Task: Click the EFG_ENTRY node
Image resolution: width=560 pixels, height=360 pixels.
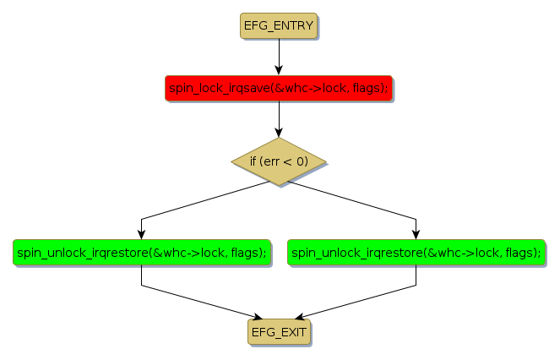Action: (x=279, y=26)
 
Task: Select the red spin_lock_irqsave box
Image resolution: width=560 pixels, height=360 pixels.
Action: (x=279, y=88)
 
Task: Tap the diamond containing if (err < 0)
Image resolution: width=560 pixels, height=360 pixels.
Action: (x=279, y=161)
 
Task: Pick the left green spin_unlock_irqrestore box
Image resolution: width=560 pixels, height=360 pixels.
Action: (x=141, y=252)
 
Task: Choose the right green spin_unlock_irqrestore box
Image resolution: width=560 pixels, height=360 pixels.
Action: (x=416, y=252)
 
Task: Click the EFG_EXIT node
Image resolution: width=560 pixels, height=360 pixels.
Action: (x=279, y=332)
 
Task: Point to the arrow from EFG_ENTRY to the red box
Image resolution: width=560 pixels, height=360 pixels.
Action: (x=279, y=55)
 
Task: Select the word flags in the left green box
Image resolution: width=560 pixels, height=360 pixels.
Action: (x=247, y=252)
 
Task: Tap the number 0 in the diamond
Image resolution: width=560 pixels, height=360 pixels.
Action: (x=302, y=161)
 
